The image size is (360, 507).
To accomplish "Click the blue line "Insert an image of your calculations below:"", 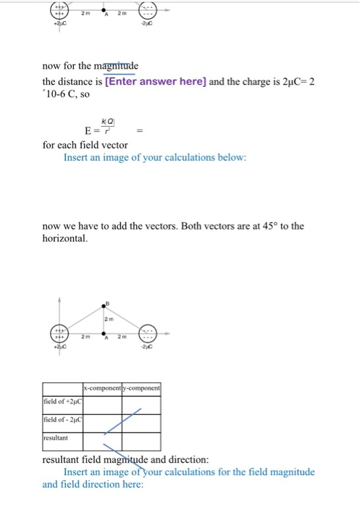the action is click(155, 157).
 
